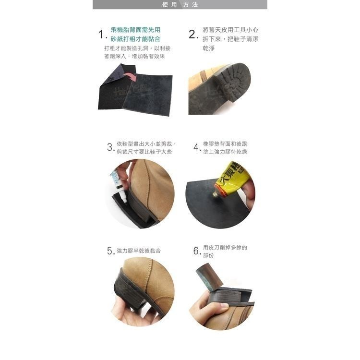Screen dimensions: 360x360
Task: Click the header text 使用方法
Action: pyautogui.click(x=180, y=5)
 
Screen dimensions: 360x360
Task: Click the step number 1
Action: pyautogui.click(x=101, y=35)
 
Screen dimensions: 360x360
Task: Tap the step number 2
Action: pyautogui.click(x=193, y=35)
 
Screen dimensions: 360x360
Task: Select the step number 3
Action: pyautogui.click(x=110, y=147)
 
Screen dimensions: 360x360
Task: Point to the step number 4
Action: pyautogui.click(x=196, y=147)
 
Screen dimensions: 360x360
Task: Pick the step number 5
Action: pyautogui.click(x=110, y=251)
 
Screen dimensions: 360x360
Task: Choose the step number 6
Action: pyautogui.click(x=196, y=251)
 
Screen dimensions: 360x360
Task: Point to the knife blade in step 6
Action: pyautogui.click(x=208, y=276)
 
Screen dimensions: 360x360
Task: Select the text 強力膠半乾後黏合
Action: pyautogui.click(x=139, y=251)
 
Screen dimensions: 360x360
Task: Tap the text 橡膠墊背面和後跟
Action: pyautogui.click(x=225, y=144)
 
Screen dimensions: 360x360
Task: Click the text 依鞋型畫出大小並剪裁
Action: pyautogui.click(x=146, y=144)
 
